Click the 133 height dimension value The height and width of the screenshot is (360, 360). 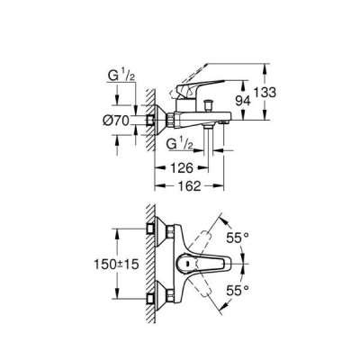point(265,93)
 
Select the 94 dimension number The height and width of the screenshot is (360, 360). point(243,101)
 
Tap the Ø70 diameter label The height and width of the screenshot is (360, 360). point(116,121)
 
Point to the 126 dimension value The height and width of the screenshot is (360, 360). point(182,168)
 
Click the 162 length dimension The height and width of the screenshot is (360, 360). point(189,186)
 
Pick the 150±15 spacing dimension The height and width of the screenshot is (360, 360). point(116,265)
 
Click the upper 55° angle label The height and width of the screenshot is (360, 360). point(238,238)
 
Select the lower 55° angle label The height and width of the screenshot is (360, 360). point(238,290)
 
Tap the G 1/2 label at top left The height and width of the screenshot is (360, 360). point(121,76)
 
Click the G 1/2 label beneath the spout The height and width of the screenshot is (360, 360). point(179,145)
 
